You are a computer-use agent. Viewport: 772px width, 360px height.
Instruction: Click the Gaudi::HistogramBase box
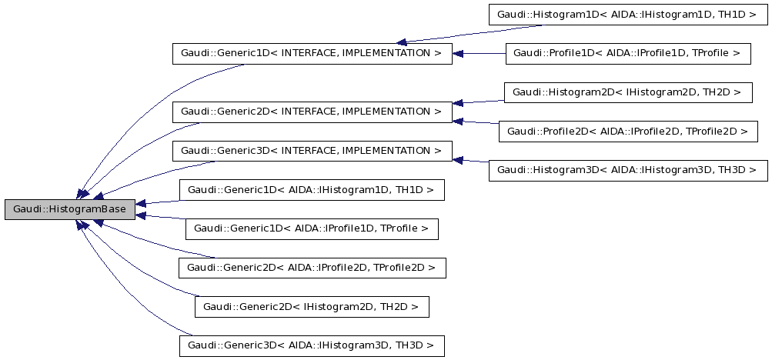(69, 209)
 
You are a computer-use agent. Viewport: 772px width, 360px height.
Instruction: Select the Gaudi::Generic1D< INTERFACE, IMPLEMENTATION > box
(311, 54)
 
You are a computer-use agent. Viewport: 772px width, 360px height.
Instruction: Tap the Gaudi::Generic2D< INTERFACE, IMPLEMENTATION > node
(311, 112)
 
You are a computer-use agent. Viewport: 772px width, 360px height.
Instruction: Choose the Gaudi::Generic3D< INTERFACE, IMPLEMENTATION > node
(311, 151)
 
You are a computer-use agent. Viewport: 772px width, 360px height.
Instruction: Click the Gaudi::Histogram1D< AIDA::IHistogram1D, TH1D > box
(627, 15)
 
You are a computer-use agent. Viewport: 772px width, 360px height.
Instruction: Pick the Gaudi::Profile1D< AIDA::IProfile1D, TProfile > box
(627, 54)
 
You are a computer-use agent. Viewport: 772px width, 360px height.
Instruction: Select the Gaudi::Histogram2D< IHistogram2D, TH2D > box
(627, 92)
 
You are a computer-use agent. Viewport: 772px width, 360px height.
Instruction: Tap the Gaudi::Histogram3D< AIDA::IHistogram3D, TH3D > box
(628, 170)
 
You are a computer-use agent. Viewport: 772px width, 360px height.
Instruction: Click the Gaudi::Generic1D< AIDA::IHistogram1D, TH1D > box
(311, 189)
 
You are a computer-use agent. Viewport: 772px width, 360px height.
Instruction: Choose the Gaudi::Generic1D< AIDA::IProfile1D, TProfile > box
(311, 228)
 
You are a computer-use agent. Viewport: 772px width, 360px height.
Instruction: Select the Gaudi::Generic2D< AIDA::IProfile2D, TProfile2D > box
(311, 268)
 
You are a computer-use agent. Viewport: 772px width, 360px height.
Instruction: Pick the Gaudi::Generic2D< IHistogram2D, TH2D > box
(311, 307)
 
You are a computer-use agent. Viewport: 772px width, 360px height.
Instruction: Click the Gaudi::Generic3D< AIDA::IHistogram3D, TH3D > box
(311, 345)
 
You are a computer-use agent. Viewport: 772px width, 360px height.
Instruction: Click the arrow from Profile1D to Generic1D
(478, 54)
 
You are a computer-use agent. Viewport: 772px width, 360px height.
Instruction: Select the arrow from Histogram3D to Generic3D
(470, 160)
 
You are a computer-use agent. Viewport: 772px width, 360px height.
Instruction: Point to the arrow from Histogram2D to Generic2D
(478, 102)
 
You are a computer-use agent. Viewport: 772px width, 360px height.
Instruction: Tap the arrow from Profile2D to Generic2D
(476, 122)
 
